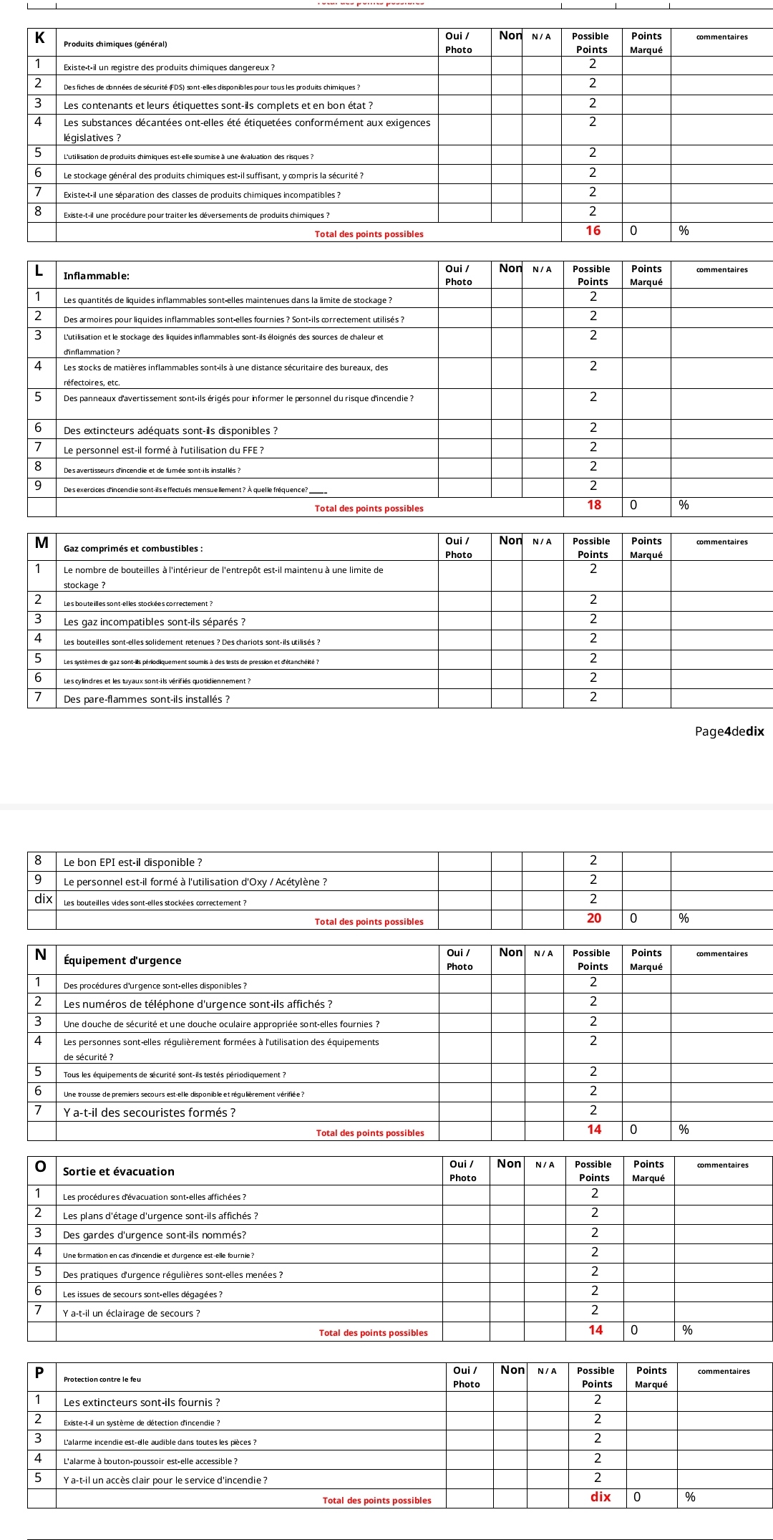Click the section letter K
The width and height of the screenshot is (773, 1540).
pyautogui.click(x=40, y=39)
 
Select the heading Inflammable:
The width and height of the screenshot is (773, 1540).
pyautogui.click(x=97, y=276)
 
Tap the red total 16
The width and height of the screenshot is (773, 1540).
pyautogui.click(x=593, y=231)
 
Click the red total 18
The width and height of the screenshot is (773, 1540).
pyautogui.click(x=594, y=505)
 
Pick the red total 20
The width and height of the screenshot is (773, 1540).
pyautogui.click(x=594, y=918)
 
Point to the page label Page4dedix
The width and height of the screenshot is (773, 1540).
pyautogui.click(x=729, y=731)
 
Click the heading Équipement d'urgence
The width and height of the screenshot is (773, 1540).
pyautogui.click(x=122, y=961)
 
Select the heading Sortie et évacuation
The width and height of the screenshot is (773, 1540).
pyautogui.click(x=119, y=1172)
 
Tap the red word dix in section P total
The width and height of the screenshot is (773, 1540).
pyautogui.click(x=601, y=1497)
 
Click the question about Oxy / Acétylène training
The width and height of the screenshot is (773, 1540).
pyautogui.click(x=195, y=882)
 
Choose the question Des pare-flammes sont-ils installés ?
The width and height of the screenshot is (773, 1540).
pyautogui.click(x=147, y=699)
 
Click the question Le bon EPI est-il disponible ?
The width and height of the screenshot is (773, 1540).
pyautogui.click(x=133, y=862)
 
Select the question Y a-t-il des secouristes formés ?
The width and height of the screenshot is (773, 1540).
pyautogui.click(x=150, y=1112)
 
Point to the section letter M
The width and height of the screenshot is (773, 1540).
pyautogui.click(x=42, y=543)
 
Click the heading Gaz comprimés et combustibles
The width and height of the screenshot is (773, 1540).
pyautogui.click(x=133, y=549)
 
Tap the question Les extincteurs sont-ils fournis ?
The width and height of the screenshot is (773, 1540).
pyautogui.click(x=142, y=1402)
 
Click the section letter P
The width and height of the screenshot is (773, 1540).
pyautogui.click(x=39, y=1372)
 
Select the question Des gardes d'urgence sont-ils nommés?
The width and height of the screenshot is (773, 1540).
pyautogui.click(x=155, y=1235)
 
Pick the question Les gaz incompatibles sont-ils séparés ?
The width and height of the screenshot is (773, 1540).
pyautogui.click(x=155, y=622)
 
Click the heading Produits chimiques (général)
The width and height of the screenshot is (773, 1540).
pyautogui.click(x=115, y=44)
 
